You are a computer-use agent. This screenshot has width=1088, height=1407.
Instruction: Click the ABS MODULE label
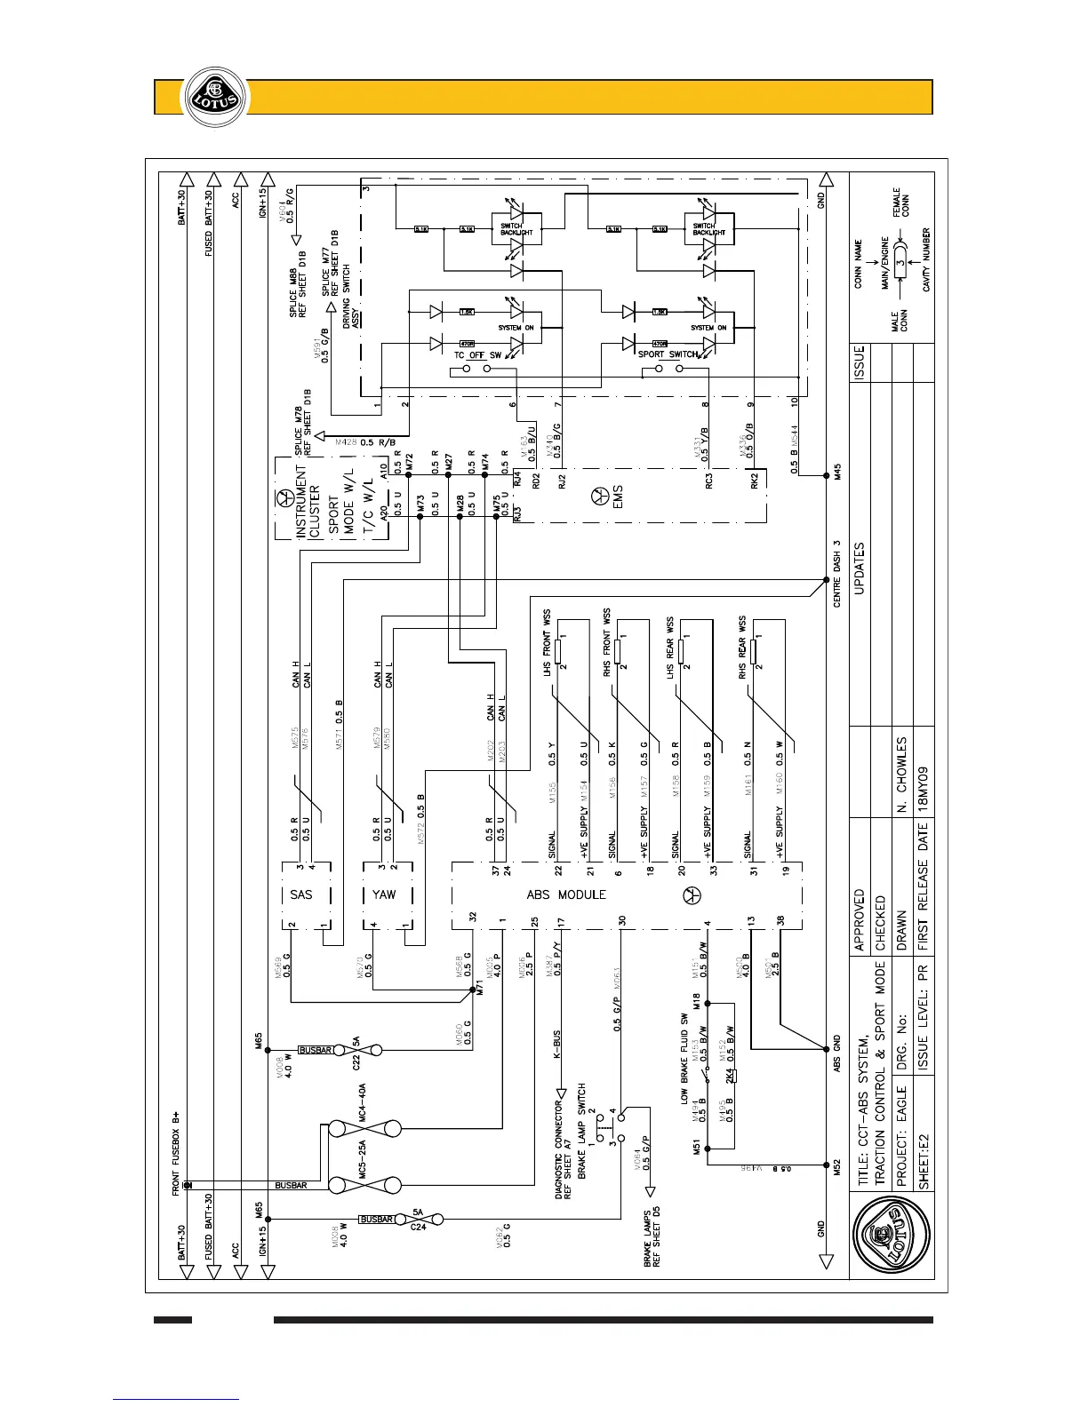point(565,894)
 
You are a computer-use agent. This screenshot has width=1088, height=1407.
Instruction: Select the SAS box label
point(301,894)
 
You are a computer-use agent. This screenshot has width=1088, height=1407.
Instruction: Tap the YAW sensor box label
point(384,894)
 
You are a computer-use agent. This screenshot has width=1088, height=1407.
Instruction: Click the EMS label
point(617,494)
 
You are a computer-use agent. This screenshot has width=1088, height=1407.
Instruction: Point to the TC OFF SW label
point(478,355)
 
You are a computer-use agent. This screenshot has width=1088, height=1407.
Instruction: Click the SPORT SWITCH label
point(668,354)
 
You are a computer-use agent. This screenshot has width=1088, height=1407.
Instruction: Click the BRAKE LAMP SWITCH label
point(582,1130)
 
